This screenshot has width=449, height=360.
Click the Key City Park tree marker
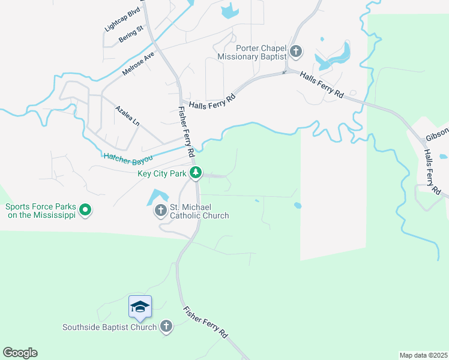coord(196,173)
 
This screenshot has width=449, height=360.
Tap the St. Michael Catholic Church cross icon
coord(160,211)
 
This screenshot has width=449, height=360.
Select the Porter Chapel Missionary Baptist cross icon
coord(295,52)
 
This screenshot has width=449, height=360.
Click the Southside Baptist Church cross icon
coord(166,327)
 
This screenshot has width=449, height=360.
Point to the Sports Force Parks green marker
coord(85,211)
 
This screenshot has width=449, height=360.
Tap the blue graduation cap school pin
coord(140,307)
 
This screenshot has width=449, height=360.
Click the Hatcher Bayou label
coord(128,157)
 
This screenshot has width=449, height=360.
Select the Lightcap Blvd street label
coord(122,20)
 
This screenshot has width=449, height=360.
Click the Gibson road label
coord(437,136)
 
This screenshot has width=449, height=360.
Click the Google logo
coord(20,353)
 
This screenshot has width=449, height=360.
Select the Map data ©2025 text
coord(423,355)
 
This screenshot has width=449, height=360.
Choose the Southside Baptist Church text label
coord(110,327)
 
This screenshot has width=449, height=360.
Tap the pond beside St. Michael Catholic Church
coord(156,196)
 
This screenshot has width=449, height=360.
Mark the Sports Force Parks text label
coord(40,211)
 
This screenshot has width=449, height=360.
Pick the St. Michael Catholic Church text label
coord(199,211)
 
